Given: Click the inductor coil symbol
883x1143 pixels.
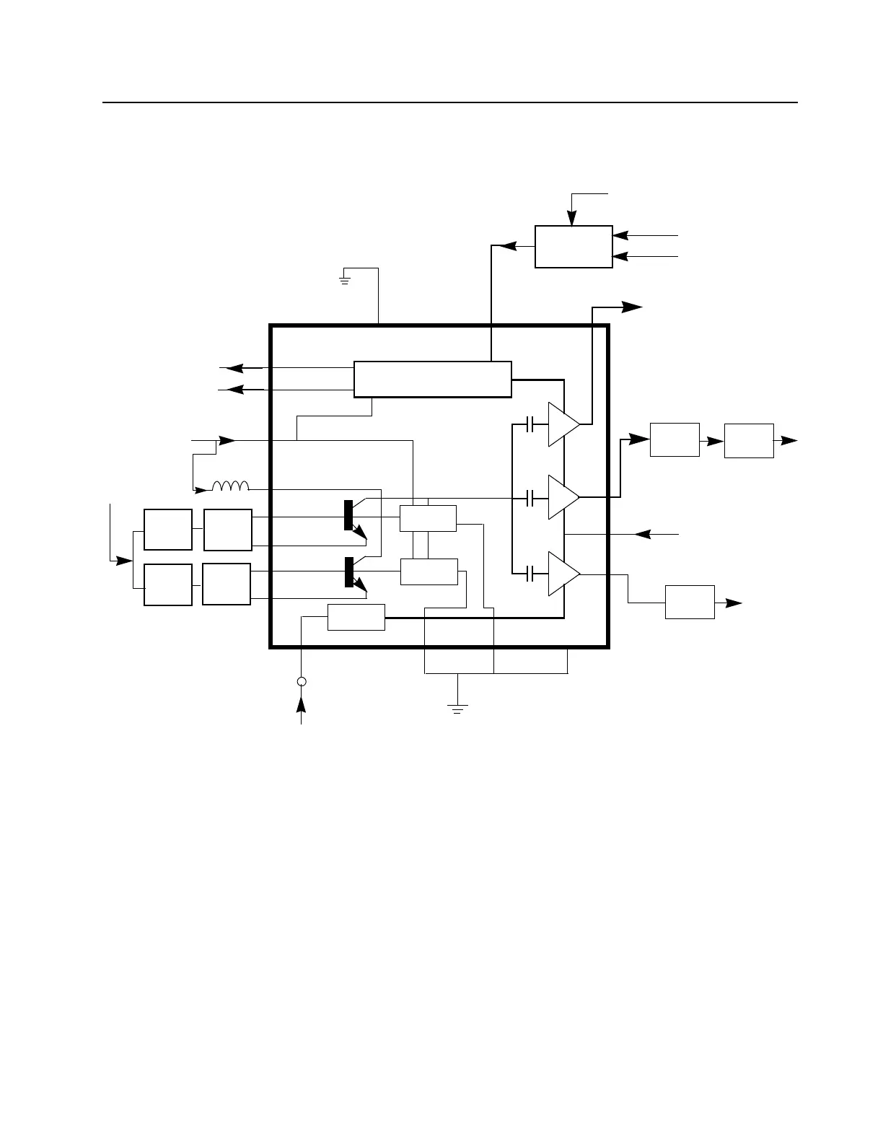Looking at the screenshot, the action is (x=230, y=486).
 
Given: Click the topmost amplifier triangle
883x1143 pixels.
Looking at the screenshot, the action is (x=563, y=424).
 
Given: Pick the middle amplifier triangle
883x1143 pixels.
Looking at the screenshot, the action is (x=563, y=496).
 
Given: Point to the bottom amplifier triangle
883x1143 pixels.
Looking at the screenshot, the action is (x=563, y=574).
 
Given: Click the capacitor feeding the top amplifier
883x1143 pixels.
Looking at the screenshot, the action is (x=531, y=424).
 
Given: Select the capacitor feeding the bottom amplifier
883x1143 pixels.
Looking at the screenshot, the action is (x=531, y=574).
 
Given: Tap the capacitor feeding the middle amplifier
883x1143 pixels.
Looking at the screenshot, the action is (x=531, y=497).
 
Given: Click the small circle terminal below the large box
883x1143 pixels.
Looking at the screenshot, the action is (x=302, y=682).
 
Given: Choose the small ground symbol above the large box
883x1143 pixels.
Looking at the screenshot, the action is (x=345, y=278).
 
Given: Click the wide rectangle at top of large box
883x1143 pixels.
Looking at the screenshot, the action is (x=432, y=379).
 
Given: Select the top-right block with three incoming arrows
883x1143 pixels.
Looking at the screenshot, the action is (x=574, y=247).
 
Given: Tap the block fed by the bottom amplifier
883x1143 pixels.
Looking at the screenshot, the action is (x=690, y=602).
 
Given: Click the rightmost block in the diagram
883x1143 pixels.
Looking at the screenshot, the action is (x=749, y=440).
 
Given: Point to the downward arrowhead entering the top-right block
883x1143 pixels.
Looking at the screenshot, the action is (x=571, y=219).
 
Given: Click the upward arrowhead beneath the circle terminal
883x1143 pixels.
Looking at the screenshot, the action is (x=302, y=702).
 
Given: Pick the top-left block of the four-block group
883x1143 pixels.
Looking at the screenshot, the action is (x=168, y=530).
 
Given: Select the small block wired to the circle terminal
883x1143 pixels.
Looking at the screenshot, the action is (x=356, y=617).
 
